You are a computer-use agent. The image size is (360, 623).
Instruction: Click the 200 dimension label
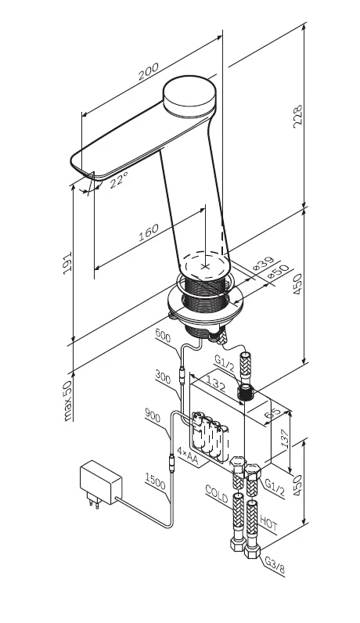click(148, 71)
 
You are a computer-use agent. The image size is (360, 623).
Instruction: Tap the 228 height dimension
click(297, 116)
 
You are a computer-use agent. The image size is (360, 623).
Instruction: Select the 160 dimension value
click(148, 232)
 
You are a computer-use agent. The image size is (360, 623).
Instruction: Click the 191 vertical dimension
click(67, 261)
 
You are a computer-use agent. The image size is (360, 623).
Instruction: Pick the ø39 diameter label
click(264, 264)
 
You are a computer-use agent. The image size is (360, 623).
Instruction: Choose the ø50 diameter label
click(278, 272)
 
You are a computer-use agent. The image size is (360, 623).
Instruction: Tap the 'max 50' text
click(68, 401)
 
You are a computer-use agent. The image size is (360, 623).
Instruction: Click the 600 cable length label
click(163, 336)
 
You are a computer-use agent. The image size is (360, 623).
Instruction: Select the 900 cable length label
click(153, 416)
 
